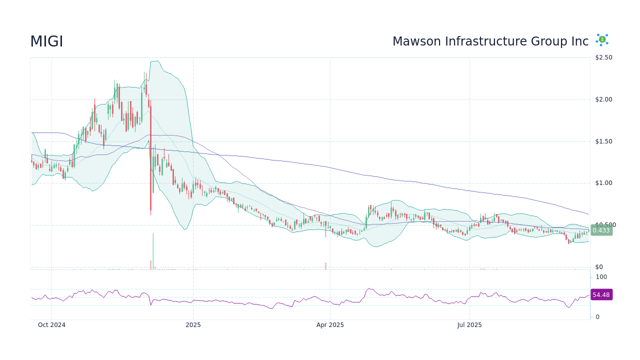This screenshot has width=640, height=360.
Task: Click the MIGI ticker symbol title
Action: [x=46, y=41]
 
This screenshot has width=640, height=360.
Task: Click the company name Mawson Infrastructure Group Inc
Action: [x=490, y=41]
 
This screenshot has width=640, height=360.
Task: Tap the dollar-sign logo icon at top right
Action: [x=602, y=40]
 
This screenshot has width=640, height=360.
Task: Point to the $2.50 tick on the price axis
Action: [x=603, y=57]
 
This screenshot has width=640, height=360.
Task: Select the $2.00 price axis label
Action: [x=603, y=99]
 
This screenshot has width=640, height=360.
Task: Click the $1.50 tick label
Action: [x=603, y=141]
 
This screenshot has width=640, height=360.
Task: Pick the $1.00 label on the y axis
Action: [x=603, y=183]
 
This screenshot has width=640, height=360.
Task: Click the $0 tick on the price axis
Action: [x=598, y=267]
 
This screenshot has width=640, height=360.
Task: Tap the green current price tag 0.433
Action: [x=601, y=230]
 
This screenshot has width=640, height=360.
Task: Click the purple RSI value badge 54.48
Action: [x=601, y=295]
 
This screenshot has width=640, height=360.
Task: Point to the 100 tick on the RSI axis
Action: [x=601, y=277]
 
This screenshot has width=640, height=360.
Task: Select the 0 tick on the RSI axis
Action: [x=597, y=317]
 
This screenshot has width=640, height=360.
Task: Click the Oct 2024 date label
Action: [x=51, y=325]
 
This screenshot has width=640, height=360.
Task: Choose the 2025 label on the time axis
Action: [x=193, y=325]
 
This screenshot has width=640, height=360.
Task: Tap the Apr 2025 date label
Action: [x=330, y=325]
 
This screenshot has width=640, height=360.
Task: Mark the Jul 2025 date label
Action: [x=469, y=325]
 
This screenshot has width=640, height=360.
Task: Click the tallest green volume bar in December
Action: [x=153, y=251]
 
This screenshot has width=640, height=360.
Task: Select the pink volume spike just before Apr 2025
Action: [x=325, y=266]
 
